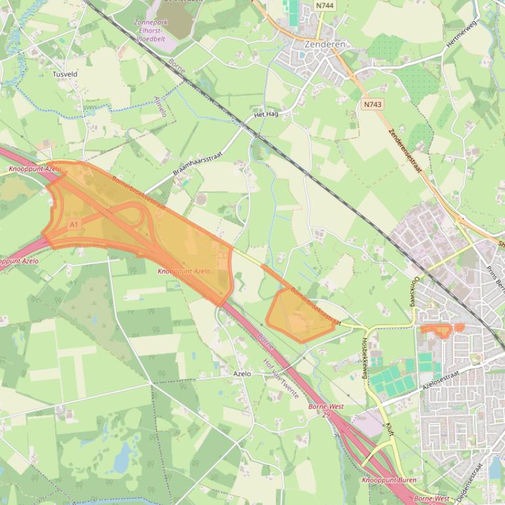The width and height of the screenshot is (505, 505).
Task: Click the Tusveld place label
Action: (x=65, y=74)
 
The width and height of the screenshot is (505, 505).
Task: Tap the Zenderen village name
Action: (x=324, y=44)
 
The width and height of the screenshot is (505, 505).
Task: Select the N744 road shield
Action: (x=323, y=5)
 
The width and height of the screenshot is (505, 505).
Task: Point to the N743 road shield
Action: (x=372, y=104)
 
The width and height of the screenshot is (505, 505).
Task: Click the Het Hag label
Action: (x=266, y=114)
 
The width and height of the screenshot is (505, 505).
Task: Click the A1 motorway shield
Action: (x=74, y=224)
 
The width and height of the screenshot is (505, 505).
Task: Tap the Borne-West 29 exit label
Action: (x=326, y=411)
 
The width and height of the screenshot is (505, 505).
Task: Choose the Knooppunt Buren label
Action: (x=388, y=481)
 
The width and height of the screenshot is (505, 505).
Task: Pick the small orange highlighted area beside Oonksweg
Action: (x=441, y=329)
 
